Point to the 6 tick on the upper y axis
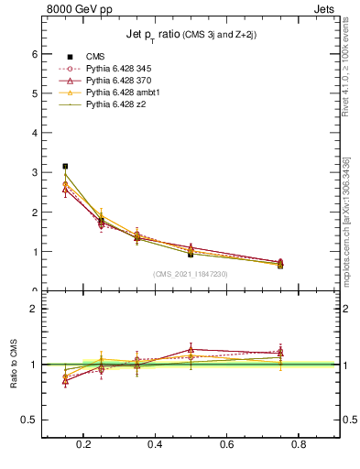click(x=36, y=54)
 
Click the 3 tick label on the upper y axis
click(x=36, y=172)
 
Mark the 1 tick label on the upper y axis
click(x=36, y=252)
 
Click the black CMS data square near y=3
click(x=64, y=166)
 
